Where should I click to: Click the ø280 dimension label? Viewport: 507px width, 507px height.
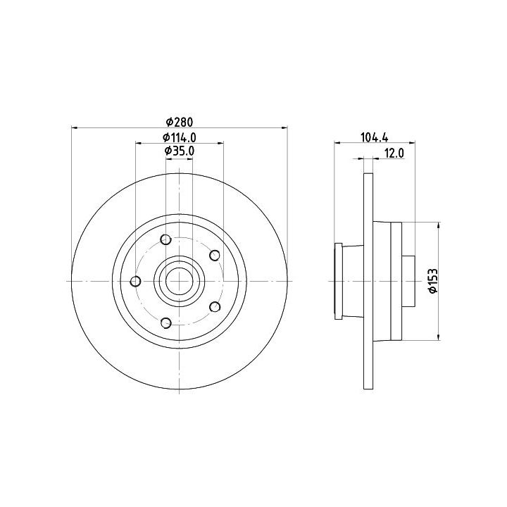click(x=179, y=122)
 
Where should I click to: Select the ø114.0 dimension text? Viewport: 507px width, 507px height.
click(x=179, y=137)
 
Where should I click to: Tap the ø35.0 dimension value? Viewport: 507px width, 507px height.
click(x=179, y=151)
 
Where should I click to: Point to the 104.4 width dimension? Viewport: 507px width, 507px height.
click(x=375, y=137)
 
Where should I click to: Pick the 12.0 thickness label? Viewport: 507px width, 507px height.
click(x=394, y=154)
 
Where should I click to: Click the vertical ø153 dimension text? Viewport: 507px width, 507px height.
click(x=432, y=281)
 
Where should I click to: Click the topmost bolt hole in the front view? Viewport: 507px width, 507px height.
click(x=166, y=239)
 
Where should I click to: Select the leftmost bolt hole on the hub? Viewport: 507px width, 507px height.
click(x=135, y=281)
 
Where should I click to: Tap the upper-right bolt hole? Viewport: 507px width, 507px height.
click(x=215, y=256)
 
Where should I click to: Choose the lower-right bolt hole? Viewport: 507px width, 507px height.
click(x=215, y=306)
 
